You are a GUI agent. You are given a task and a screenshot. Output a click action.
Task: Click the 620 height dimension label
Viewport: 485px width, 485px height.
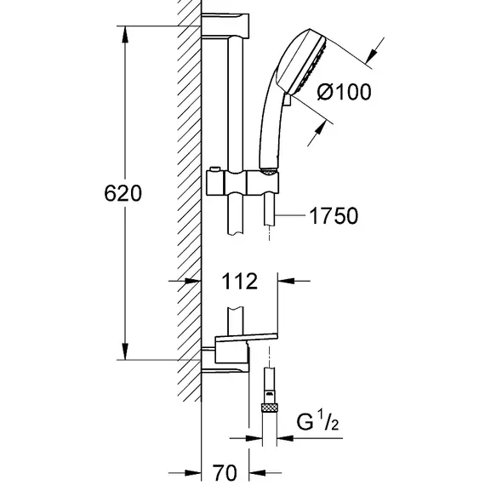point(123,193)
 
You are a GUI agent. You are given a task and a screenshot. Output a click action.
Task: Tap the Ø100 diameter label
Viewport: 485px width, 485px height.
point(344,92)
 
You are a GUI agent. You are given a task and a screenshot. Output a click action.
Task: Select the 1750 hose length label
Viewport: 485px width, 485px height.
point(334,215)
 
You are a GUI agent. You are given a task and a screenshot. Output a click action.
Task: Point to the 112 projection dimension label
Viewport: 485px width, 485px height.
point(240,281)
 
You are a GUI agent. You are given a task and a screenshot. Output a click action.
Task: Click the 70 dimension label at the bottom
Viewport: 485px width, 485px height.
point(225,472)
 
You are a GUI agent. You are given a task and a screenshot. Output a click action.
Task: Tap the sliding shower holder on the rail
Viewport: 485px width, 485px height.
point(242,182)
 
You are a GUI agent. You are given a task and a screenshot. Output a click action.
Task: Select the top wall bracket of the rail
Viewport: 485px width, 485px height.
point(225,26)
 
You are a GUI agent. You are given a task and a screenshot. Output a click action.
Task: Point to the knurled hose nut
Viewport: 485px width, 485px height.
point(270,408)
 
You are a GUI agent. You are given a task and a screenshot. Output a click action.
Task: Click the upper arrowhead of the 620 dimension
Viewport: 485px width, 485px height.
point(125,35)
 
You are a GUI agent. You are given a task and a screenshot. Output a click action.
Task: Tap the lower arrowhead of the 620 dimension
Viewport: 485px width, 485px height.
point(125,351)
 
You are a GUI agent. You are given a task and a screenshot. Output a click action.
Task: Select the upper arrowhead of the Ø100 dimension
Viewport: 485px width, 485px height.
point(370,55)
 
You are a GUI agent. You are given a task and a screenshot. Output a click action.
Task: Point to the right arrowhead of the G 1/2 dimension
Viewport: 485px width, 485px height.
point(285,438)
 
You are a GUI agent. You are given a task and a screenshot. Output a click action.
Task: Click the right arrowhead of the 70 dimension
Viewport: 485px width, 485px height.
point(257,472)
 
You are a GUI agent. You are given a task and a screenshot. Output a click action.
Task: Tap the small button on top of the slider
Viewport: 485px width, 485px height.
point(214,169)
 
